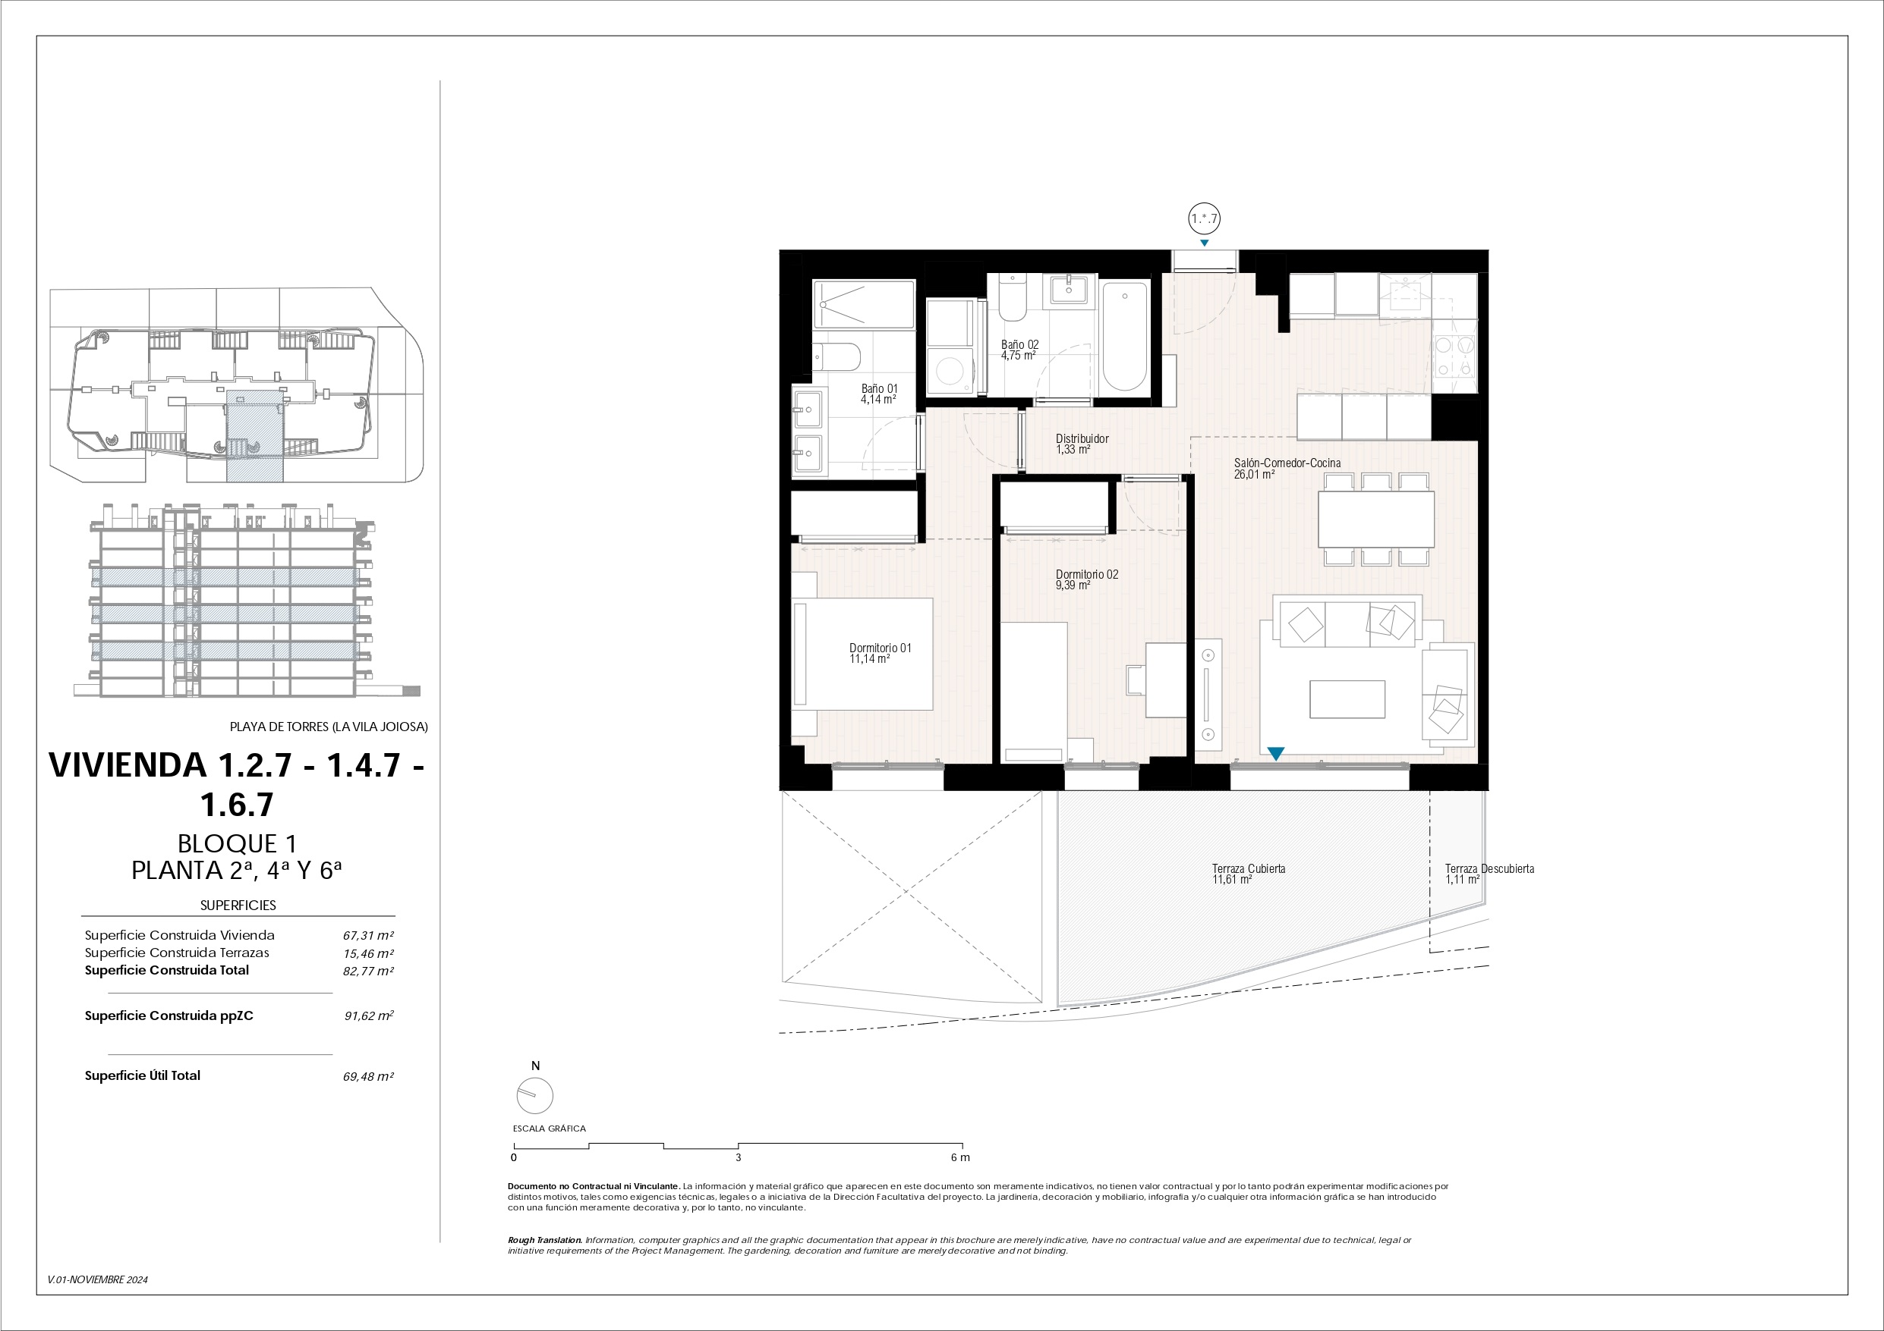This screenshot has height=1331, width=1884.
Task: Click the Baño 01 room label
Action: [x=879, y=389]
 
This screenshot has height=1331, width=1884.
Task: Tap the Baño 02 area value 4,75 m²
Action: [x=1017, y=356]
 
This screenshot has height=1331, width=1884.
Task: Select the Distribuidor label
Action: [x=1082, y=439]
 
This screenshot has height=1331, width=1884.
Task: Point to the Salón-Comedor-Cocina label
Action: [x=1287, y=463]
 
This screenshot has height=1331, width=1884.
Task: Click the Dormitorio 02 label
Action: [x=1086, y=575]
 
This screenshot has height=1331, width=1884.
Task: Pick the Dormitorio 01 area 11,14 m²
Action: [x=869, y=659]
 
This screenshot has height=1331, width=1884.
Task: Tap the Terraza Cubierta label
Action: [x=1248, y=868]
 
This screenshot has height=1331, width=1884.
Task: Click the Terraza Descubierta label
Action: [x=1489, y=868]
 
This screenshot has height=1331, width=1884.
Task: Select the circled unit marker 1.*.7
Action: [x=1204, y=219]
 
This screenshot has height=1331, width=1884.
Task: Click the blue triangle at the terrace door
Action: [x=1276, y=753]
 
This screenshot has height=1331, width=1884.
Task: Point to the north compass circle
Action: [x=535, y=1096]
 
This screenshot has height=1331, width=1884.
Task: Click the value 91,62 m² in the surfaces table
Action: [x=369, y=1016]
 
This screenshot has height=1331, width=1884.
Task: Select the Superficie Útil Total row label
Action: [x=142, y=1075]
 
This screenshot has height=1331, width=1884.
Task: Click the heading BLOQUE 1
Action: [x=237, y=843]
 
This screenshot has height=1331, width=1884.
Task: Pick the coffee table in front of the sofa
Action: [x=1347, y=699]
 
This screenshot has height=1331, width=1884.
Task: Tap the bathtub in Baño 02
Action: [x=1124, y=337]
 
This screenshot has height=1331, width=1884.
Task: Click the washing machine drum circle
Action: [x=951, y=372]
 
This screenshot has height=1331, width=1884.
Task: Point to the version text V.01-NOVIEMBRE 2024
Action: [x=98, y=1279]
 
